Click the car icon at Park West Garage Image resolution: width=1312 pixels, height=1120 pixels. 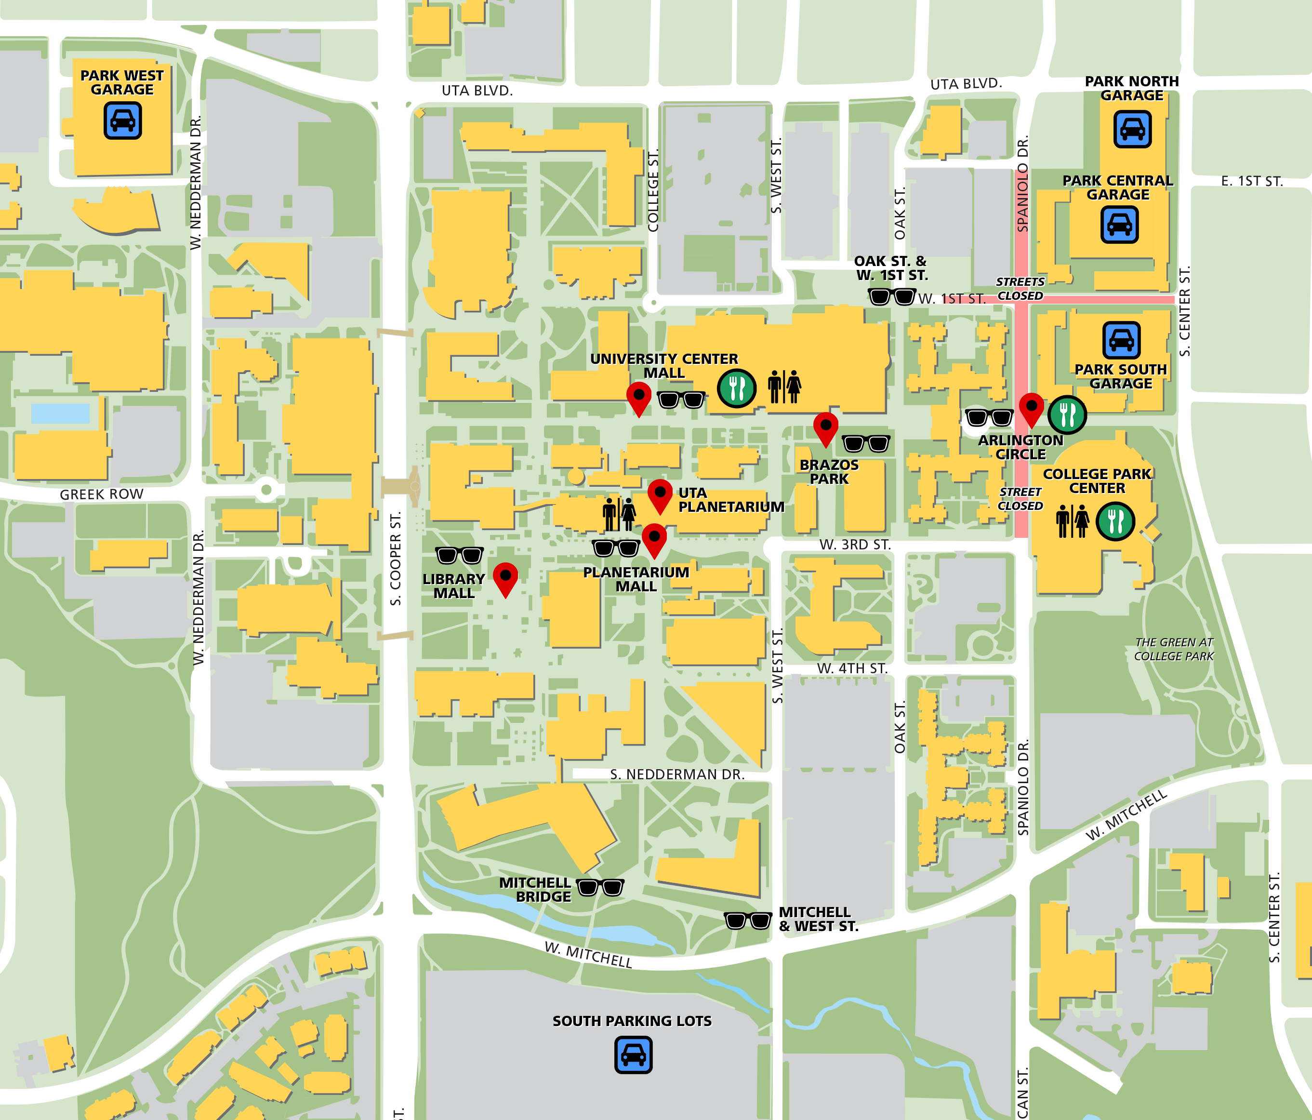pyautogui.click(x=122, y=120)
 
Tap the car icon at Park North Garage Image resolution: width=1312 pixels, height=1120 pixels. pyautogui.click(x=1132, y=129)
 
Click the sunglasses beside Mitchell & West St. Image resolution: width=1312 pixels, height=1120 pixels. pyautogui.click(x=748, y=920)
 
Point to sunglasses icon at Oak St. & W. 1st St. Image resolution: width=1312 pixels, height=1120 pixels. pyautogui.click(x=891, y=296)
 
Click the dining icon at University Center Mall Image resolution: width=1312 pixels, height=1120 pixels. pyautogui.click(x=736, y=387)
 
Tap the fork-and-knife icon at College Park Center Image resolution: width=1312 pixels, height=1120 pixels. pyautogui.click(x=1115, y=521)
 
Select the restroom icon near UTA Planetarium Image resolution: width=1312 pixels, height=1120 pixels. pyautogui.click(x=619, y=514)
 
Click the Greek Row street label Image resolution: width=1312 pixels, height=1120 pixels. pyautogui.click(x=101, y=494)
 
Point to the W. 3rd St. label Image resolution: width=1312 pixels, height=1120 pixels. pyautogui.click(x=855, y=545)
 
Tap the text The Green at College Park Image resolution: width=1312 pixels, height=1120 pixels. pyautogui.click(x=1174, y=649)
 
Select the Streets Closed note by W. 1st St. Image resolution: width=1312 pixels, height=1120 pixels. pyautogui.click(x=1020, y=289)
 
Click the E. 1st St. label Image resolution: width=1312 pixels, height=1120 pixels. pyautogui.click(x=1252, y=181)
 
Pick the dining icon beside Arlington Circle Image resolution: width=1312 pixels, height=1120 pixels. pyautogui.click(x=1067, y=415)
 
